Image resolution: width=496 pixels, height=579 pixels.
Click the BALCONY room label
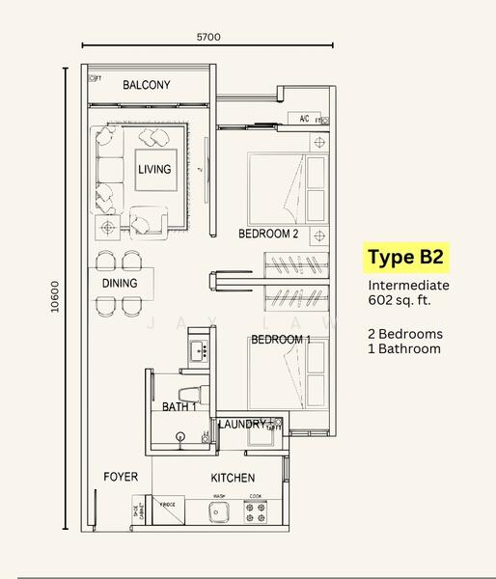147,85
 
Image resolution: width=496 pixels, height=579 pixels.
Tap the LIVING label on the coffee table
154,169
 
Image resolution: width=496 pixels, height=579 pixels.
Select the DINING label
120,283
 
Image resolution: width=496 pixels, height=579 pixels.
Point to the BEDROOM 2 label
269,234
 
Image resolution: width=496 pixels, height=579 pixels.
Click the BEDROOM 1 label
281,340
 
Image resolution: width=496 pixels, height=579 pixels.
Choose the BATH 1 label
179,407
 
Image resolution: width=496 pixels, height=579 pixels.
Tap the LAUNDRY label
242,425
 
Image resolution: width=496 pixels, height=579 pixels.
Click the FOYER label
121,477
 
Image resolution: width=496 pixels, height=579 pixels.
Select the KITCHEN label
233,478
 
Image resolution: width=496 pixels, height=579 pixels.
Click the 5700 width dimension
208,37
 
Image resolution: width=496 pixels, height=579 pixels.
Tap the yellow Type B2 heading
405,259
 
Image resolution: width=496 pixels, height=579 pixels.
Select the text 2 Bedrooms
405,334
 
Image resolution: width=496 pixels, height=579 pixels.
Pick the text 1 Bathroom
403,348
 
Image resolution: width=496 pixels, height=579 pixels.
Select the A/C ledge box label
304,120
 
